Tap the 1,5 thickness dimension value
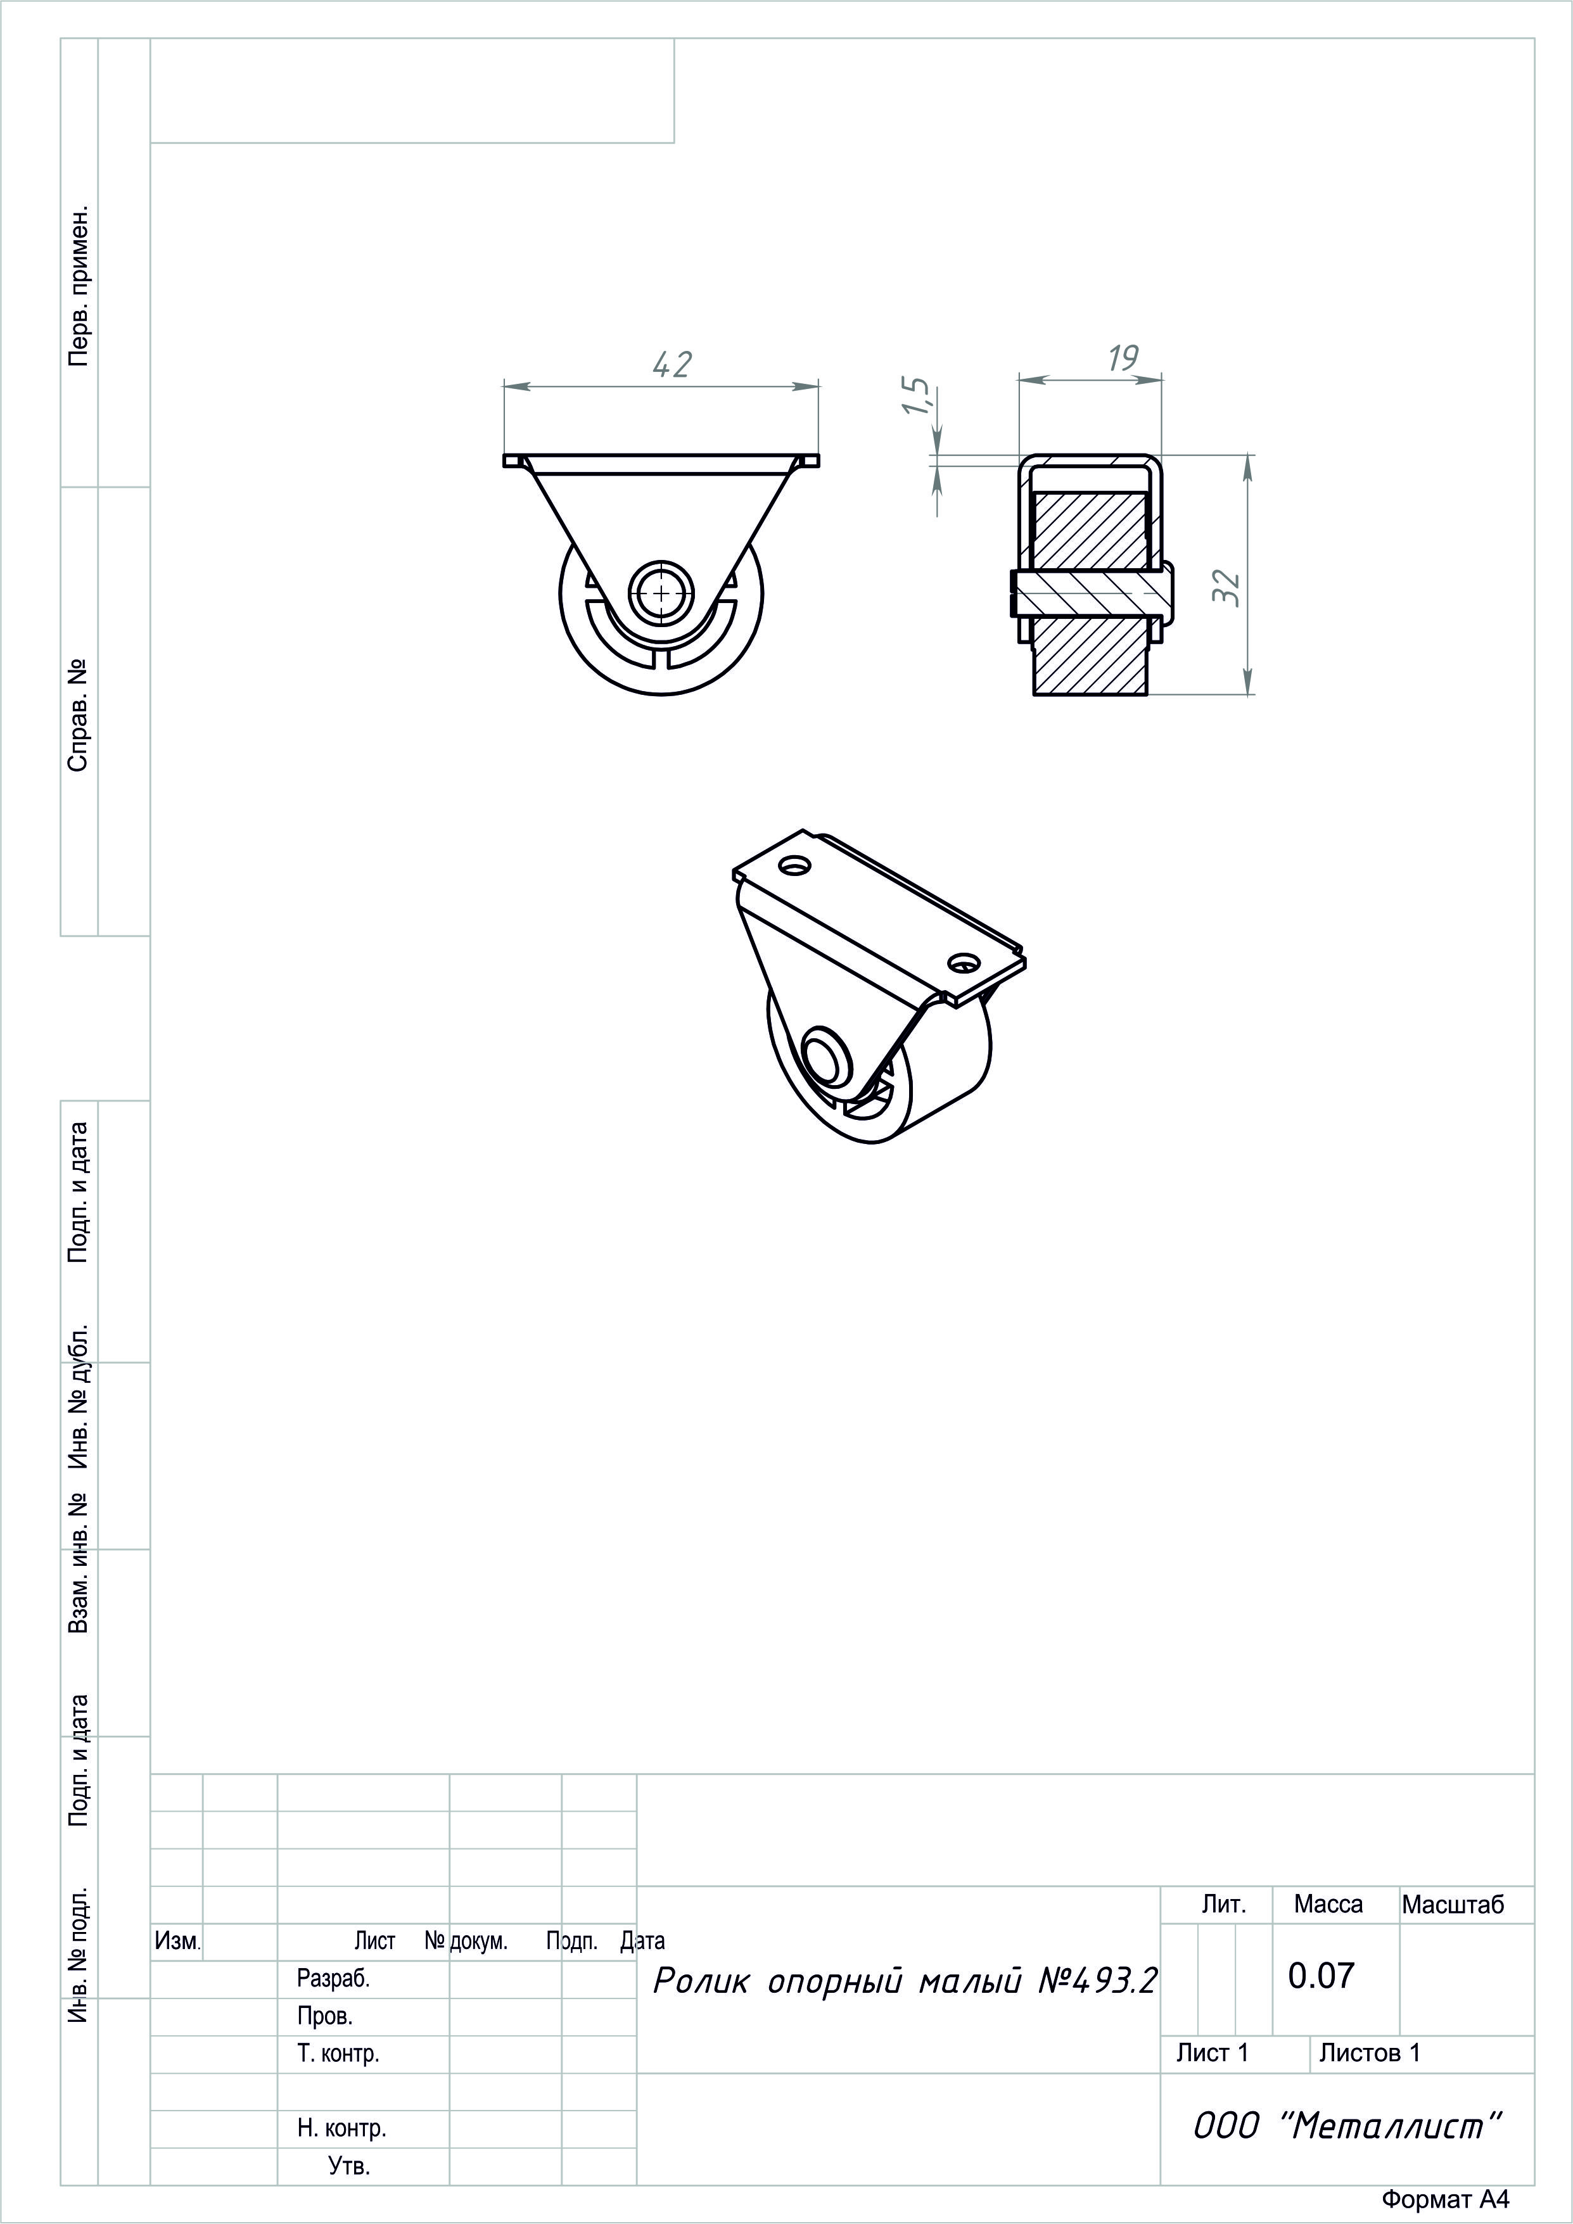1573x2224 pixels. (917, 395)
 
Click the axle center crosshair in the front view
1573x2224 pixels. (661, 592)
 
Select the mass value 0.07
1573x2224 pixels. (1320, 1976)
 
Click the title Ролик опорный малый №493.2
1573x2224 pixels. (905, 1982)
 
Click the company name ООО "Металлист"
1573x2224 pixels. (1347, 2126)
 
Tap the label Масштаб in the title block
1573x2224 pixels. (1453, 1905)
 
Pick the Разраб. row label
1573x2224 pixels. (333, 1979)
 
